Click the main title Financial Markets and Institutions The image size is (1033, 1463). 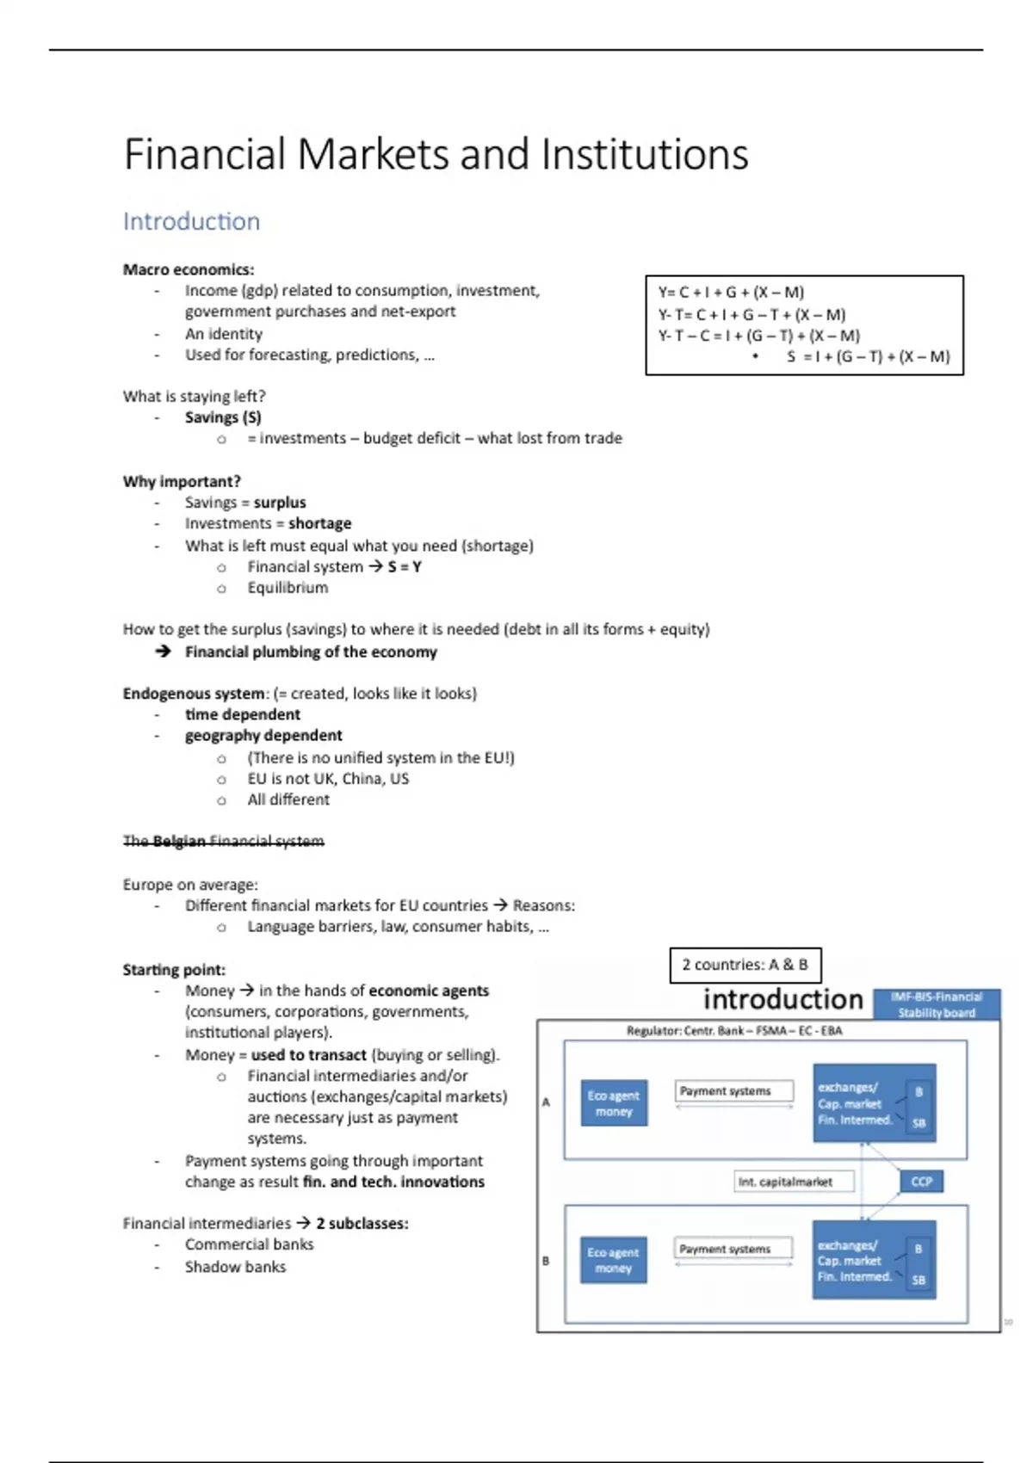pyautogui.click(x=436, y=155)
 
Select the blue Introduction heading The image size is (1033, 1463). pyautogui.click(x=191, y=221)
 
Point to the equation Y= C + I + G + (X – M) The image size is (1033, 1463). pyautogui.click(x=731, y=293)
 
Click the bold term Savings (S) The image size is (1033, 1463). pyautogui.click(x=223, y=417)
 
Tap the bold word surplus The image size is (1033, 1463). pyautogui.click(x=280, y=503)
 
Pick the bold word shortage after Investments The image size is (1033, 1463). pyautogui.click(x=319, y=523)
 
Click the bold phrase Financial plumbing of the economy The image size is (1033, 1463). pyautogui.click(x=311, y=652)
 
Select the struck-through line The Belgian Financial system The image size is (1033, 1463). pyautogui.click(x=223, y=841)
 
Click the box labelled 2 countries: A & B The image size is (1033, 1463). pyautogui.click(x=745, y=965)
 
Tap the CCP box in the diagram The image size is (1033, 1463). pyautogui.click(x=921, y=1182)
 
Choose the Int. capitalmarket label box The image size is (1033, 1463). pyautogui.click(x=794, y=1182)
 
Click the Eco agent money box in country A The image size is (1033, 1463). pyautogui.click(x=614, y=1103)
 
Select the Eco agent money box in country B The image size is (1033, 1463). pyautogui.click(x=614, y=1260)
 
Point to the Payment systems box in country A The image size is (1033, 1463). pyautogui.click(x=733, y=1091)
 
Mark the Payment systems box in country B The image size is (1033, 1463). pyautogui.click(x=733, y=1249)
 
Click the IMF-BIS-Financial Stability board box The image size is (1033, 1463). pyautogui.click(x=937, y=1005)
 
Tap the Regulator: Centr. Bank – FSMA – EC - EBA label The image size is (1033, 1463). pyautogui.click(x=734, y=1030)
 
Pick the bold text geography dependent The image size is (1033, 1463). pyautogui.click(x=263, y=736)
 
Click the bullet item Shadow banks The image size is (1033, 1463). pyautogui.click(x=235, y=1267)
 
